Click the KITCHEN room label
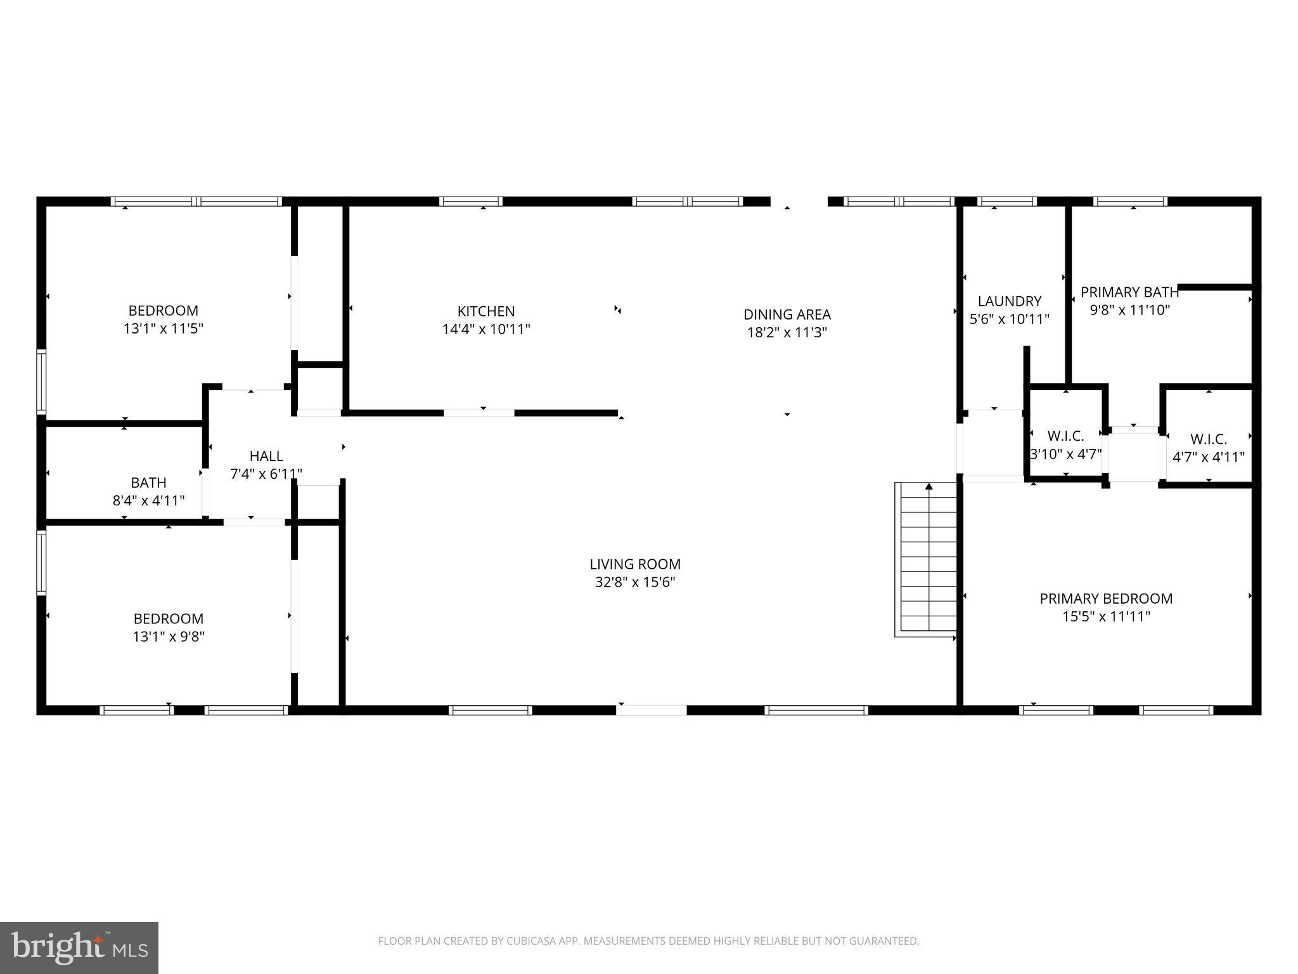tap(486, 311)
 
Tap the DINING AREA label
tap(787, 315)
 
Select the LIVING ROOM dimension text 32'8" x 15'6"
tap(635, 582)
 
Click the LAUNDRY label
tap(1009, 301)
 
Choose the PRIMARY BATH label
tap(1129, 292)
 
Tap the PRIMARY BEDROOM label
tap(1106, 599)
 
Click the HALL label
tap(266, 456)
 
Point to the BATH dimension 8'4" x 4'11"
tap(148, 501)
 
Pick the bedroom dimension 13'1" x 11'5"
tap(164, 328)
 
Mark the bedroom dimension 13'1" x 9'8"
tap(169, 637)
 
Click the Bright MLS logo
tap(79, 948)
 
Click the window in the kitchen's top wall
tap(471, 202)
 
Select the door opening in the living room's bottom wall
tap(652, 710)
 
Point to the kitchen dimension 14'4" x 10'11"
tap(486, 329)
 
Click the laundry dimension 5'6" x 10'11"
tap(1009, 320)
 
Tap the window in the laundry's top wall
tap(1007, 202)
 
